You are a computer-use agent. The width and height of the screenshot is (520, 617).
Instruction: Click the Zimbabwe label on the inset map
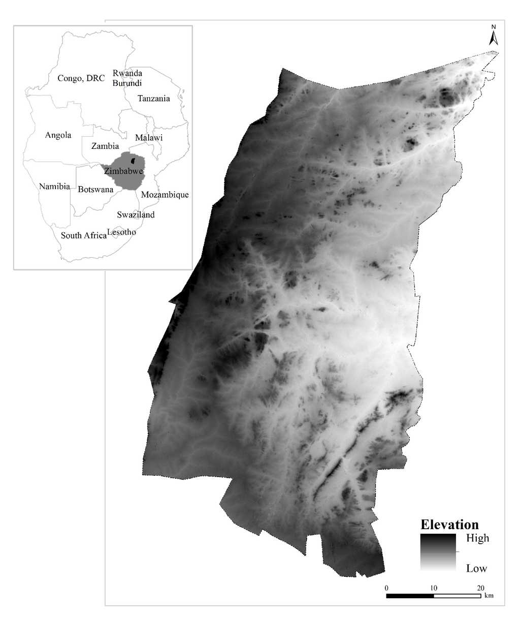tap(124, 171)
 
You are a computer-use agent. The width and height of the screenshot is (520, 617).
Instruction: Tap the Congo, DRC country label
tap(81, 78)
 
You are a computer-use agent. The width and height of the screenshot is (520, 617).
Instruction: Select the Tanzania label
tap(153, 99)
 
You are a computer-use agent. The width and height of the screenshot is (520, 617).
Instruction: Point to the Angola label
tap(58, 135)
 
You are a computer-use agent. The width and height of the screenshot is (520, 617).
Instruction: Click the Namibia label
tap(54, 187)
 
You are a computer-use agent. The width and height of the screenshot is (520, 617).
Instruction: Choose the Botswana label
tap(95, 190)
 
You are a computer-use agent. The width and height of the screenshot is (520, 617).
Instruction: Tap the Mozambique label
tap(165, 195)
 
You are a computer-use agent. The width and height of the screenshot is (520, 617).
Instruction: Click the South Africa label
tap(84, 235)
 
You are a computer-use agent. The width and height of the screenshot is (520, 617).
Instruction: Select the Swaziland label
tap(136, 215)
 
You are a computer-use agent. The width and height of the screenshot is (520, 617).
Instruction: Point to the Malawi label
tap(149, 138)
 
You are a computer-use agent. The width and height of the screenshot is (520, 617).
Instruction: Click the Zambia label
tap(105, 146)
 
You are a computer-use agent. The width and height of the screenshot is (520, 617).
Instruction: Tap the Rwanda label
tap(127, 74)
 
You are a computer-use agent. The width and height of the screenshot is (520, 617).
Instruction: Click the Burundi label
tap(127, 83)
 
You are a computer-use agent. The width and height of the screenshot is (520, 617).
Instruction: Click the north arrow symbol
tap(492, 36)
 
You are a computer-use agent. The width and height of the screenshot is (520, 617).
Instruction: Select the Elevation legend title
tap(449, 525)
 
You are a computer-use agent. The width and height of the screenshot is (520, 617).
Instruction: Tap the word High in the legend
tap(477, 538)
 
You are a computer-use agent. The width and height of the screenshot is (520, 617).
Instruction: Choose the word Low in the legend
tap(476, 568)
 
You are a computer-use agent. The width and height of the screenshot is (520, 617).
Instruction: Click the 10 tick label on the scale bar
tap(433, 588)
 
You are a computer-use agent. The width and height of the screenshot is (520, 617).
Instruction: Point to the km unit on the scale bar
tap(488, 596)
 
